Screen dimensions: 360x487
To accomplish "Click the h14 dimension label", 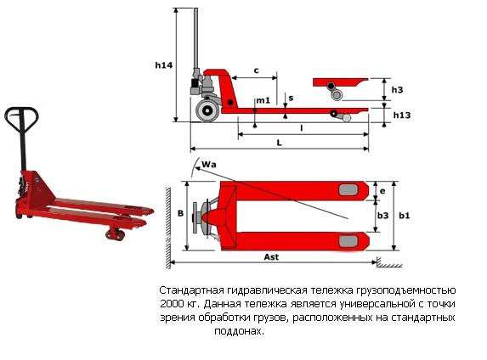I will coord(164,65).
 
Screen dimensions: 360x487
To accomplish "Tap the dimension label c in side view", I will coord(256,70).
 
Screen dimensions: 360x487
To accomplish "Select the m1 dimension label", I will coord(263,101).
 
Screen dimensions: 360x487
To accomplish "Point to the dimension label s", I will coord(291,99).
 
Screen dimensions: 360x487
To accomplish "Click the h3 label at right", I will coord(397,89).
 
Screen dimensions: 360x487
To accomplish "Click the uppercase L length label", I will coord(279,143).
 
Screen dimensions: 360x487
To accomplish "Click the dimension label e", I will coord(383,191).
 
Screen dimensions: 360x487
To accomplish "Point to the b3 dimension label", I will coord(384,217).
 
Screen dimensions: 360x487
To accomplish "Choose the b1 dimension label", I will coord(405,217).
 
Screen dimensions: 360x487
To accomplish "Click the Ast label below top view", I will coord(272,256).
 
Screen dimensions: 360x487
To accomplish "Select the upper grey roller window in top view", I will coord(348,189).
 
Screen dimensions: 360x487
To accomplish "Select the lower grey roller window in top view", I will coord(348,243).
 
